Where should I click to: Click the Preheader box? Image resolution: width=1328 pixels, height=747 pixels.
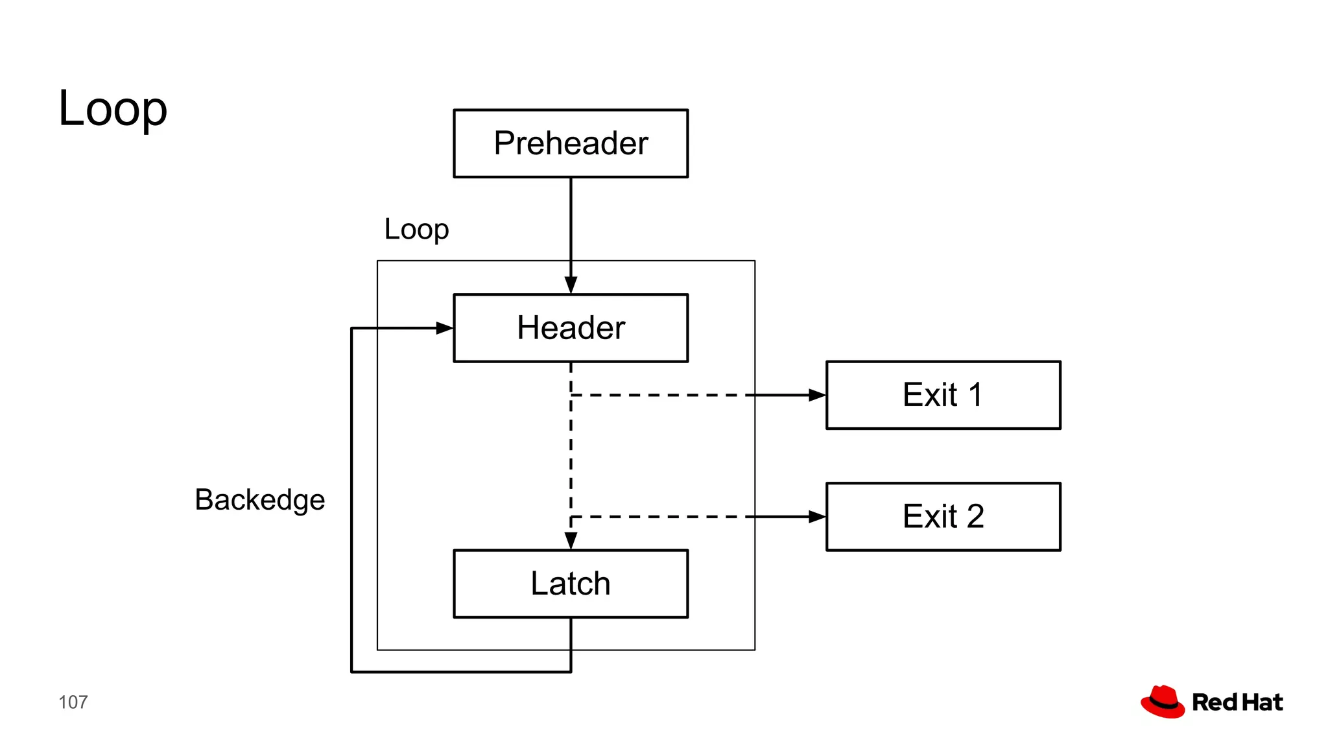571,143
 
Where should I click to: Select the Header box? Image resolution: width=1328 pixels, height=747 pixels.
571,328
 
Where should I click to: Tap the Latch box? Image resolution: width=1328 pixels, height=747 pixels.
571,584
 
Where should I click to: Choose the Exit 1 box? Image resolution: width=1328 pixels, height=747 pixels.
943,395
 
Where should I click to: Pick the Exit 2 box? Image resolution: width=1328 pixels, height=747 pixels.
943,517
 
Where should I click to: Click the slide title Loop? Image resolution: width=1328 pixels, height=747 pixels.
113,109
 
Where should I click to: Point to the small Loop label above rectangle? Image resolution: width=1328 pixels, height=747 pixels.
416,230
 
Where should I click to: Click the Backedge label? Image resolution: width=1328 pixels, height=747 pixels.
259,500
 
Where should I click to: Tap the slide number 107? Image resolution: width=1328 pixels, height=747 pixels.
73,702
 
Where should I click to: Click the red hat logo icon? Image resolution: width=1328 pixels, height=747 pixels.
1163,702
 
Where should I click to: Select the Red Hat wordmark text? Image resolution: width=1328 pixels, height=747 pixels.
1237,702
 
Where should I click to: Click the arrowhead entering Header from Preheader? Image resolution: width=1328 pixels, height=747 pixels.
571,285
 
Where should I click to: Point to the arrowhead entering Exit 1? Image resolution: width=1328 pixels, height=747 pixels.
817,395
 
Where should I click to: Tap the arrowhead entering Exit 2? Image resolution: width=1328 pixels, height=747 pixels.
817,517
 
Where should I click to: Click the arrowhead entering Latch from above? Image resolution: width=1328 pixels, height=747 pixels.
571,541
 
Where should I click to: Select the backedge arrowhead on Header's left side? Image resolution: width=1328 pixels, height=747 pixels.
444,328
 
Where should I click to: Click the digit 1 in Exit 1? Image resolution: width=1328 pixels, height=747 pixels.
975,395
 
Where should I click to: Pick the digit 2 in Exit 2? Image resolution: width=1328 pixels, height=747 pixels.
975,517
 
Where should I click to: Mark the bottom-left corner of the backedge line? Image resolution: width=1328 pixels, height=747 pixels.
351,672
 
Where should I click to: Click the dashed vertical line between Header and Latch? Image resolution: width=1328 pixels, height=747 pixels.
571,454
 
